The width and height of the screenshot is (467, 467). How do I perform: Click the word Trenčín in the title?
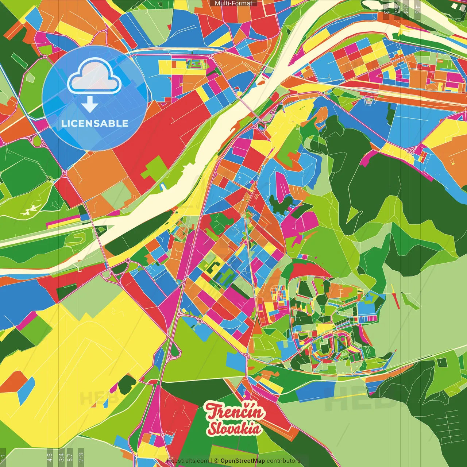(x=234, y=412)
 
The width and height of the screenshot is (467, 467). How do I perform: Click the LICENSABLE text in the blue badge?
(x=95, y=123)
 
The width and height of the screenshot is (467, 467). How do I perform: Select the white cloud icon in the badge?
(x=94, y=76)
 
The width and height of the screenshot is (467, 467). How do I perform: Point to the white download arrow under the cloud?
(x=90, y=104)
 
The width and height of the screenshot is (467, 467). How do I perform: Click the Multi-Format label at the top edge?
(x=233, y=3)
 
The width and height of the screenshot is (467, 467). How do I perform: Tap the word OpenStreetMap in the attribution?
(x=243, y=461)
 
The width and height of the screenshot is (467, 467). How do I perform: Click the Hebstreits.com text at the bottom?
(x=188, y=461)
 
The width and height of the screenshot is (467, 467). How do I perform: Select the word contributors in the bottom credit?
(x=283, y=461)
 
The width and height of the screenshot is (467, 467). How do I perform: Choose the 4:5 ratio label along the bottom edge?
(x=50, y=457)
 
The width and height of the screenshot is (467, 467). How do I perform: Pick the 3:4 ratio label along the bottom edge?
(x=61, y=457)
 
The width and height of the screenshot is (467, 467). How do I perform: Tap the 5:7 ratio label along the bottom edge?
(x=70, y=457)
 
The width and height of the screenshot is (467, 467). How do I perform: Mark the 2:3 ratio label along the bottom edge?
(x=81, y=457)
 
